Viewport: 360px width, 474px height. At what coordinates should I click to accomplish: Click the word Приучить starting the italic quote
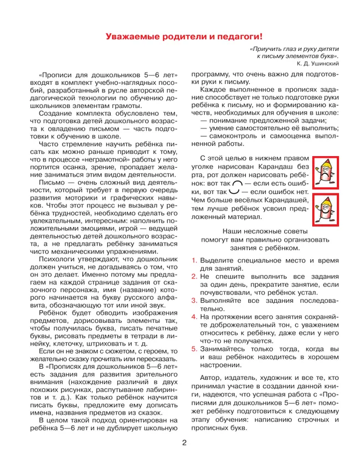tap(267, 49)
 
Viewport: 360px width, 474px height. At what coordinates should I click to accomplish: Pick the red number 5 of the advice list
tap(194, 349)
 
